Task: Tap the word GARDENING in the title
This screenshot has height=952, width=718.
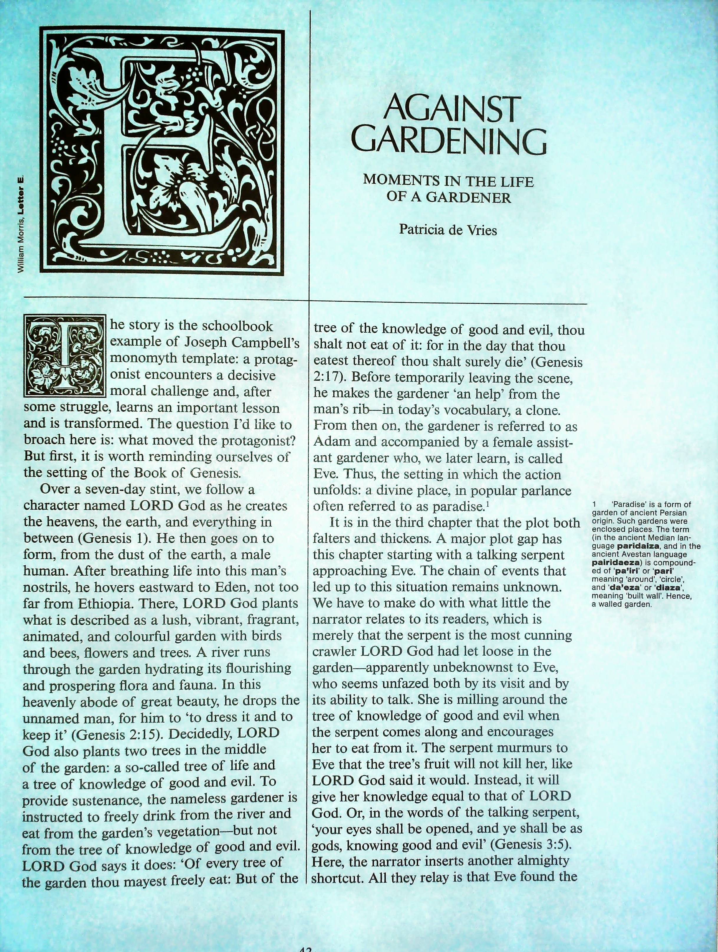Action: (x=452, y=142)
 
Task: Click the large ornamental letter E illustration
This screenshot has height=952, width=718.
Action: (x=162, y=150)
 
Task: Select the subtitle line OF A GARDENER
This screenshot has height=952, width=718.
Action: (x=448, y=198)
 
